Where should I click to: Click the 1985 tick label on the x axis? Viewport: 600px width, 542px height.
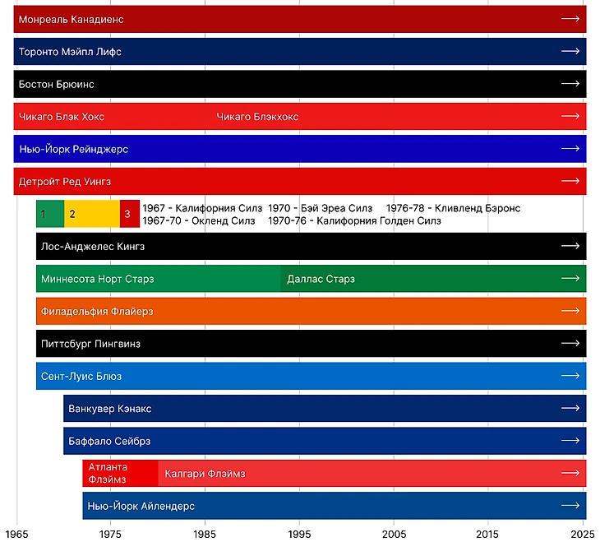205,533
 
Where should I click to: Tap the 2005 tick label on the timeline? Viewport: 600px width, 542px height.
395,533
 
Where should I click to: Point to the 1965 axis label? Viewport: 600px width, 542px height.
17,533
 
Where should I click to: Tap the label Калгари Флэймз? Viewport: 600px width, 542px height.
205,474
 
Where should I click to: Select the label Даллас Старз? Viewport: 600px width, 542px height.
321,279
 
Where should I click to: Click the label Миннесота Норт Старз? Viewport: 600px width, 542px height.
97,279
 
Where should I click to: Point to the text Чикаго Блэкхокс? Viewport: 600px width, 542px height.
257,117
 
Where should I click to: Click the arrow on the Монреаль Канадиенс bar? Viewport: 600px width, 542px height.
570,18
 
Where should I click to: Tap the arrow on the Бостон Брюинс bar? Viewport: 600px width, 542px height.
570,84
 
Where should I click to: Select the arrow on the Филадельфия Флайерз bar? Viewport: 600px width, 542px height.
570,312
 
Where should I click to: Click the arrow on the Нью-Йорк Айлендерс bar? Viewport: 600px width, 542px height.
570,506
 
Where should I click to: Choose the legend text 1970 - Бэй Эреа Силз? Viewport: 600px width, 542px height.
321,208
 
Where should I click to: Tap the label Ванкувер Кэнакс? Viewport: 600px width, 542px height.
110,409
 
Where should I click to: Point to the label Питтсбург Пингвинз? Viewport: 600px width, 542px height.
90,344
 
